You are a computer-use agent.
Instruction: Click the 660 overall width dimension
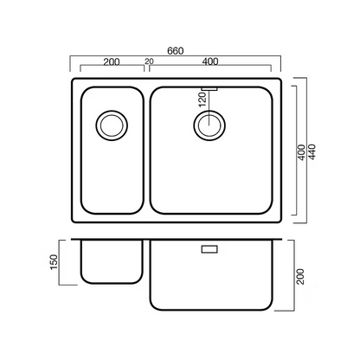[176, 51]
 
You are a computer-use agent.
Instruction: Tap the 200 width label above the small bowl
[112, 61]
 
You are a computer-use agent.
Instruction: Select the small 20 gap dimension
[150, 61]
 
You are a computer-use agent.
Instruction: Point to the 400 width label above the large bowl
[210, 61]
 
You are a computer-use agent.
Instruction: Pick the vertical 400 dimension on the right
[301, 152]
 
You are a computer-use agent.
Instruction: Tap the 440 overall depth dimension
[312, 152]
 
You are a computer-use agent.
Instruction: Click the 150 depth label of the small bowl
[54, 262]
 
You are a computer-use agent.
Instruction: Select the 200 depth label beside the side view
[300, 276]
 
